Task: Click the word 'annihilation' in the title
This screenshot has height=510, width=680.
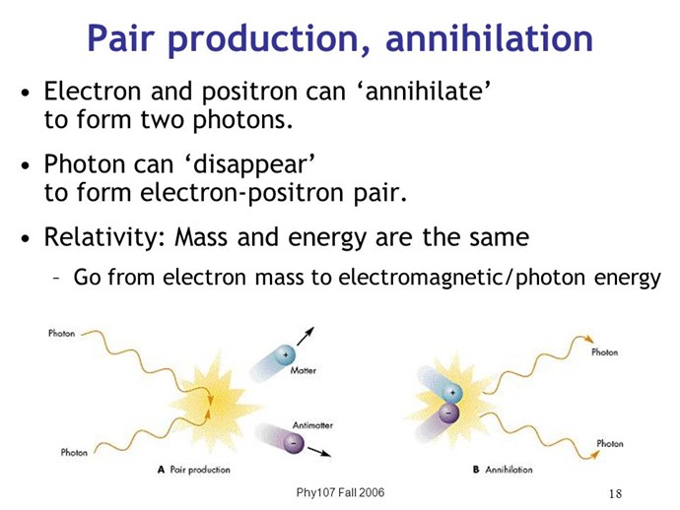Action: click(489, 38)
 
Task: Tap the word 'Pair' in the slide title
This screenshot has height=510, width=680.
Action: click(120, 38)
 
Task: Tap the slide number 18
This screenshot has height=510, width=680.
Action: click(615, 493)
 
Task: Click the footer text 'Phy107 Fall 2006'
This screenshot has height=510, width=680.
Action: click(340, 492)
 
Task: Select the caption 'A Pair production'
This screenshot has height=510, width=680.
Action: click(194, 470)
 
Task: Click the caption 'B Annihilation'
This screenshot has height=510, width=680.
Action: click(503, 470)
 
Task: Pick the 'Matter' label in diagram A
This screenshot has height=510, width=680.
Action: click(304, 370)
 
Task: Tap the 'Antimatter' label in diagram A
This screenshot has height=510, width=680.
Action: click(312, 425)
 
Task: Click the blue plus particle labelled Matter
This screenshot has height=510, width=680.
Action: click(285, 355)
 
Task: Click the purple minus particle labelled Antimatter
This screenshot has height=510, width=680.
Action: click(293, 443)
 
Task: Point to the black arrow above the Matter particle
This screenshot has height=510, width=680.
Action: click(306, 337)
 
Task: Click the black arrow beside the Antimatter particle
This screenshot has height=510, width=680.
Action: click(319, 452)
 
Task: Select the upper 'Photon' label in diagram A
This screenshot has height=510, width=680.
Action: click(61, 333)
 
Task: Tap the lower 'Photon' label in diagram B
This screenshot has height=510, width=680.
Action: click(610, 443)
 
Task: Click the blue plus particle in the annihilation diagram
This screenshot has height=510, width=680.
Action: click(452, 393)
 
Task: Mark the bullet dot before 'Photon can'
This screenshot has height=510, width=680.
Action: click(26, 166)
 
